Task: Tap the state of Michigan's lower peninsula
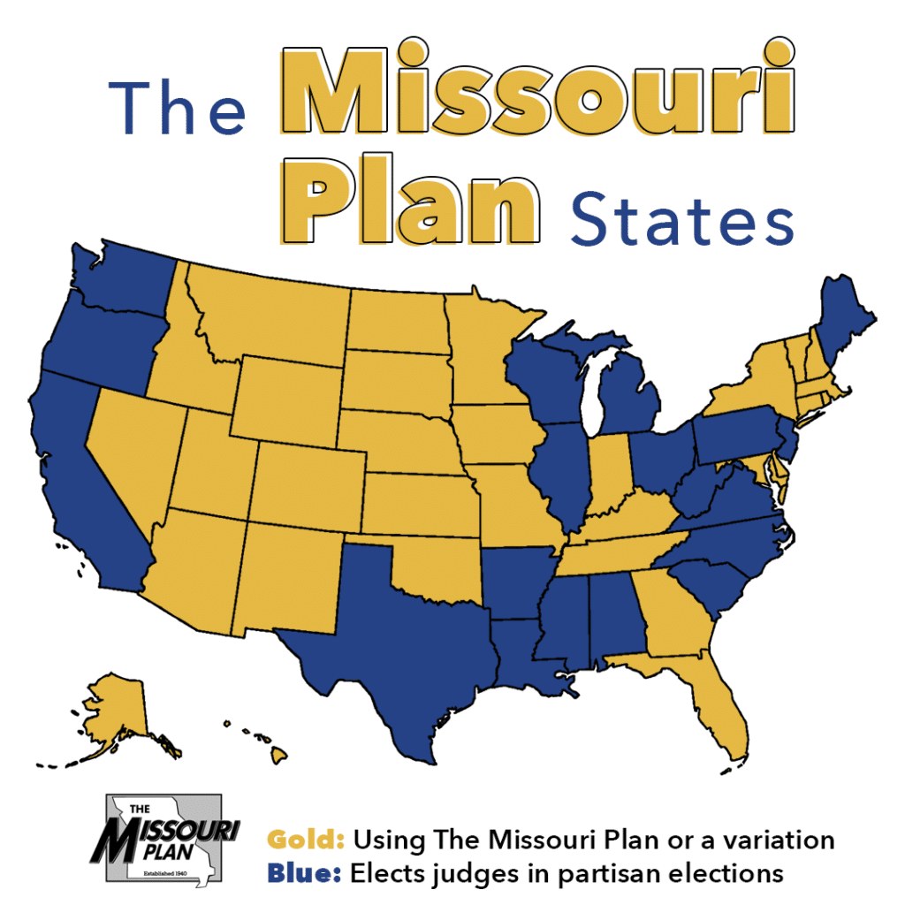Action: tap(632, 402)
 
